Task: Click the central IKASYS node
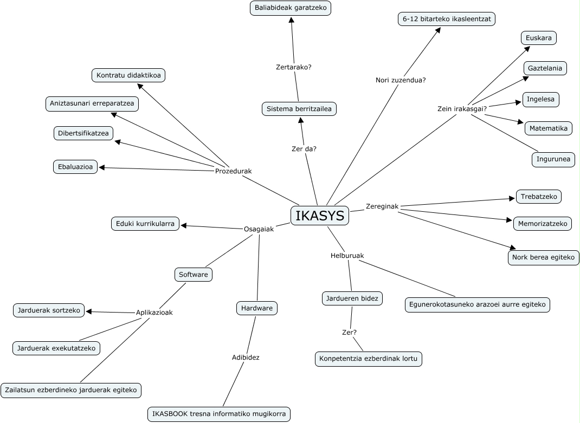pyautogui.click(x=320, y=216)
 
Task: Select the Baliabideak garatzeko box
pyautogui.click(x=291, y=8)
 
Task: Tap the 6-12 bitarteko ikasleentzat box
pyautogui.click(x=446, y=19)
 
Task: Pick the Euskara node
pyautogui.click(x=539, y=38)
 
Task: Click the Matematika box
pyautogui.click(x=549, y=128)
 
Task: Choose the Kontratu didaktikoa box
pyautogui.click(x=128, y=75)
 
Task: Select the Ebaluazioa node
pyautogui.click(x=75, y=167)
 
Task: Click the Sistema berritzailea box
pyautogui.click(x=299, y=109)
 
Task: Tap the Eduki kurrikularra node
pyautogui.click(x=145, y=223)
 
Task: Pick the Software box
pyautogui.click(x=194, y=275)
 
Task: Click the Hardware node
pyautogui.click(x=257, y=308)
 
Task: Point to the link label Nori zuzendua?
pyautogui.click(x=401, y=80)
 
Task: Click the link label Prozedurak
pyautogui.click(x=233, y=171)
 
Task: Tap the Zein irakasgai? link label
pyautogui.click(x=462, y=108)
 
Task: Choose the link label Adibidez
pyautogui.click(x=246, y=357)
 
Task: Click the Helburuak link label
pyautogui.click(x=347, y=255)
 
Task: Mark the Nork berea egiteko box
pyautogui.click(x=543, y=257)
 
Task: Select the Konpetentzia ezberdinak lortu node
pyautogui.click(x=369, y=359)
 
